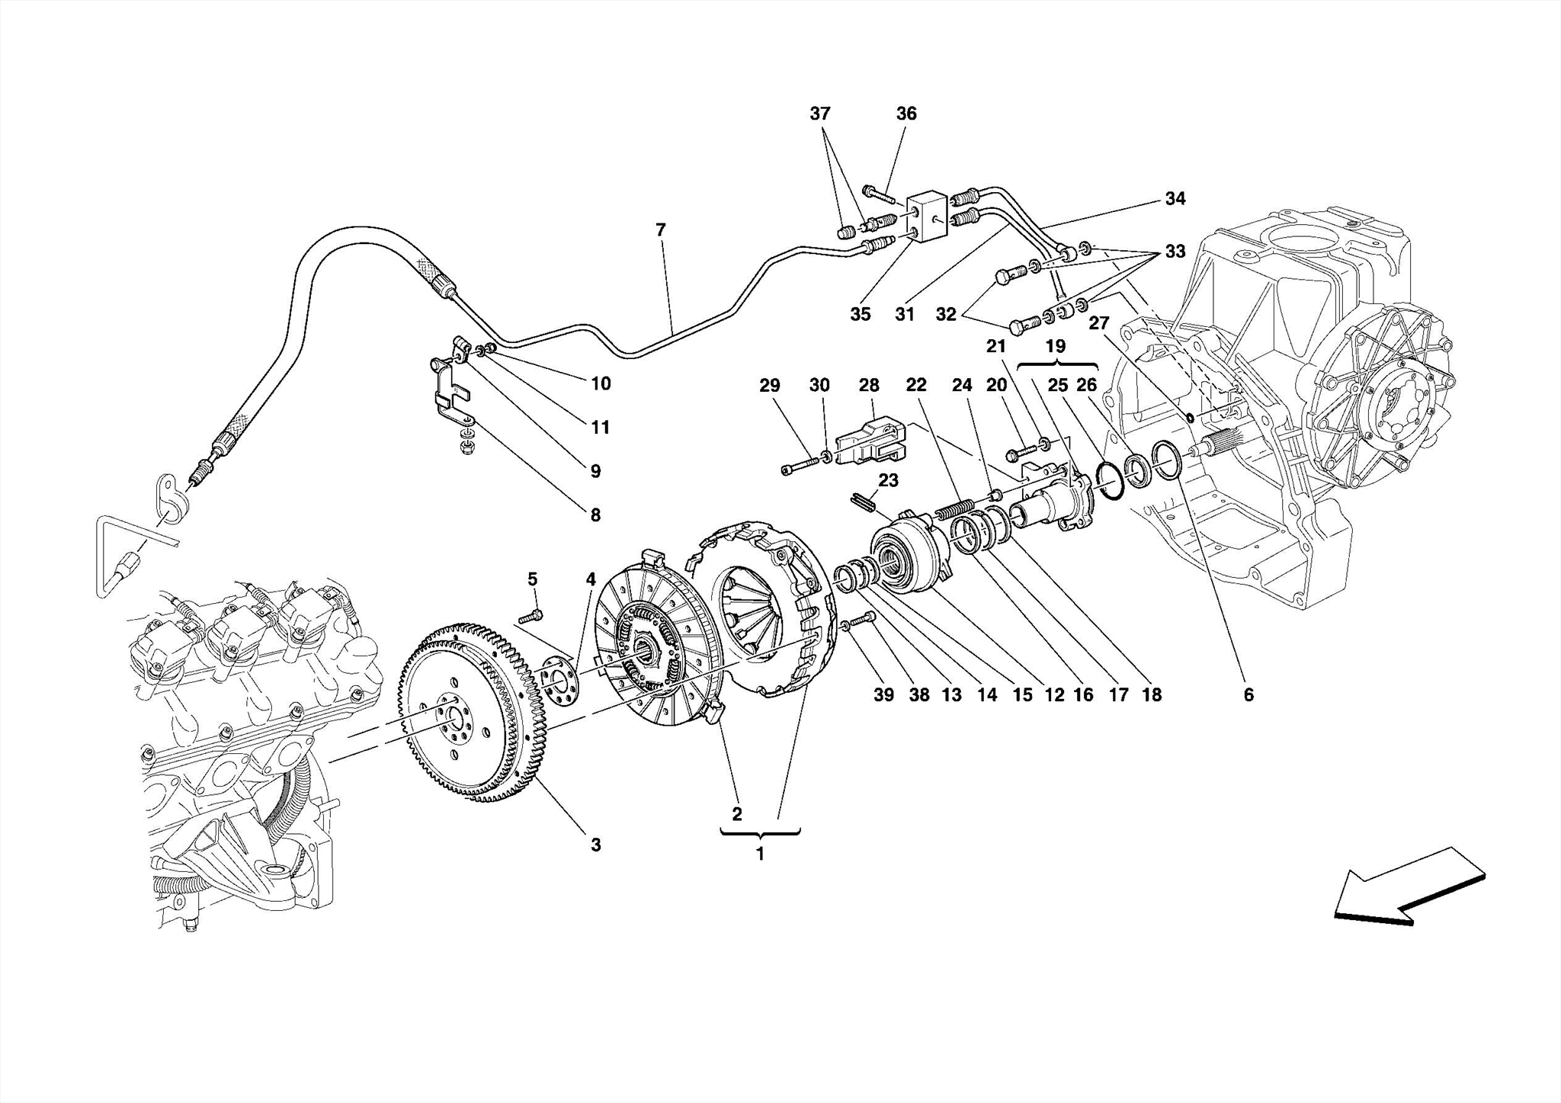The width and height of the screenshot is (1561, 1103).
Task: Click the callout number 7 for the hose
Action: tap(660, 229)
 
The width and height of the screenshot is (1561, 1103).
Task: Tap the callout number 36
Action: tap(906, 114)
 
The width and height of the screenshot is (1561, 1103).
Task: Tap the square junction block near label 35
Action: tap(926, 216)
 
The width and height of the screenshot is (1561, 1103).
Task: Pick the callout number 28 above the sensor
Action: tap(869, 385)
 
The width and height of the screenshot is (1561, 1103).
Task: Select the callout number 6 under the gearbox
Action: tap(1248, 694)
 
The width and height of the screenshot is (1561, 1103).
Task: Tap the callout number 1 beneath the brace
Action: tap(759, 855)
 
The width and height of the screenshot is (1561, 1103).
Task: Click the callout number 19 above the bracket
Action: tap(1055, 346)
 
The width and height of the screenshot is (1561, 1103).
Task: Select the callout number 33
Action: tap(1175, 251)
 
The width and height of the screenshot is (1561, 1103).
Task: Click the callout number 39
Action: tap(883, 694)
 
